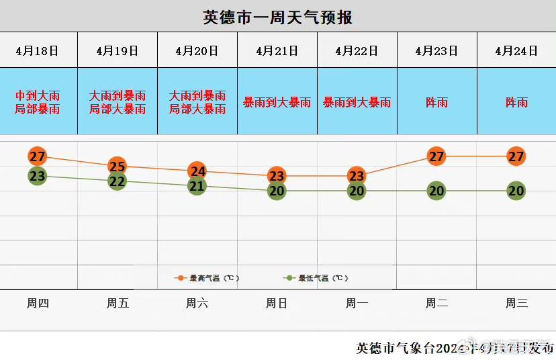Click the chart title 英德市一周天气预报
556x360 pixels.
coord(277,17)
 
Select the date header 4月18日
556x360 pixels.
coord(38,50)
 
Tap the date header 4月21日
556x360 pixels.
coord(277,50)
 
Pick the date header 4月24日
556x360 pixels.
coord(516,50)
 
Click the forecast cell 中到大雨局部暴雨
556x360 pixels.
coord(38,102)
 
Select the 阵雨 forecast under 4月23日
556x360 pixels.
coord(436,102)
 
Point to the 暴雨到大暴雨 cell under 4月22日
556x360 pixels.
coord(357,102)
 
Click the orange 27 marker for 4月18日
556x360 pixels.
coord(38,156)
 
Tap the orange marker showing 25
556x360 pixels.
coord(118,166)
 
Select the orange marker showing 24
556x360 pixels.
coord(197,171)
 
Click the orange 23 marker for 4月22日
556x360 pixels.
coord(357,176)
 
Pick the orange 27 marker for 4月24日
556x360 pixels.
coord(516,156)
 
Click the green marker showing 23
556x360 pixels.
coord(38,176)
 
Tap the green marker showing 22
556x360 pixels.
coord(118,181)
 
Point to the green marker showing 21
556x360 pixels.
coord(197,186)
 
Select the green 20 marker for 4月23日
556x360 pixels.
coord(436,191)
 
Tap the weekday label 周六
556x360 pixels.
coord(197,304)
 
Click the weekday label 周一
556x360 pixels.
coord(357,304)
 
